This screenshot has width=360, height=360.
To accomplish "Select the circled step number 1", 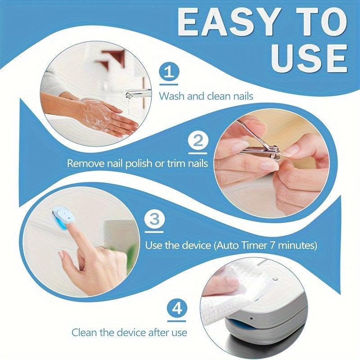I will coord(169,72).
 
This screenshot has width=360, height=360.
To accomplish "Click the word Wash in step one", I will coord(170,96).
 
